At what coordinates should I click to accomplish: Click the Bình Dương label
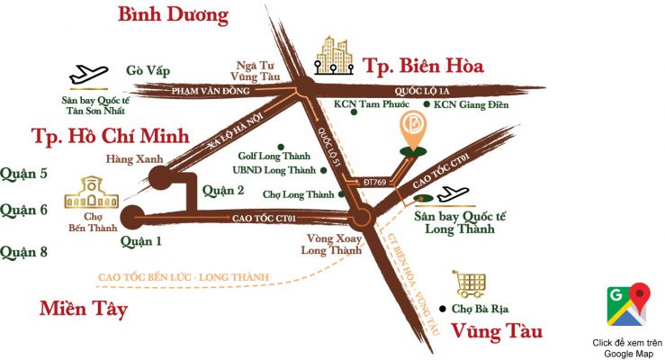(x=173, y=15)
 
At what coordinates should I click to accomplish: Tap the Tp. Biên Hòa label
(x=423, y=66)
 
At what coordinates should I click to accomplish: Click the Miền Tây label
(x=83, y=309)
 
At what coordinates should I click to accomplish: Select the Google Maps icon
(x=628, y=304)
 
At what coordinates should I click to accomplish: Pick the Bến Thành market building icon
(x=87, y=192)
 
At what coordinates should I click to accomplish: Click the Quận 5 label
(x=24, y=174)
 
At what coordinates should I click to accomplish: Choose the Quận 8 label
(x=24, y=251)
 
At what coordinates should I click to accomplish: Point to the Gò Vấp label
(x=148, y=70)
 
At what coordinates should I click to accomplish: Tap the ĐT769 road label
(x=362, y=181)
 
